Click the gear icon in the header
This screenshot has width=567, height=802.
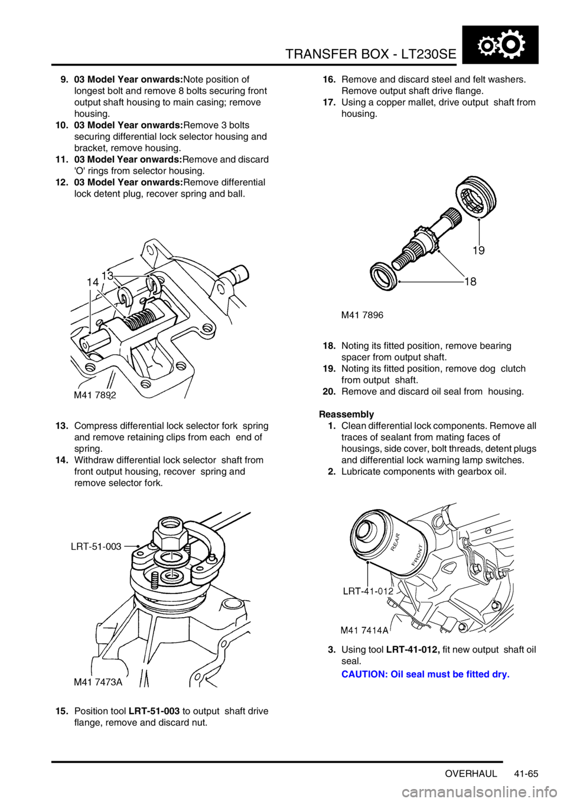(500, 44)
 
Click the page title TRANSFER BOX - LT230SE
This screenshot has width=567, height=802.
(371, 54)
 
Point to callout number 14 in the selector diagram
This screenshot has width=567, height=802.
(93, 282)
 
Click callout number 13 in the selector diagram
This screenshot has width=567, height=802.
(107, 275)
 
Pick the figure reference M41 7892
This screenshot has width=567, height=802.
(95, 395)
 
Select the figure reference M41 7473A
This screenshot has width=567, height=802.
(98, 683)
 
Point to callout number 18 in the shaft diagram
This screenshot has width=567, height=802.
(471, 282)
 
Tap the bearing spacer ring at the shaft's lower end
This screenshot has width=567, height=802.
(383, 273)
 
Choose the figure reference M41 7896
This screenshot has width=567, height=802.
(362, 315)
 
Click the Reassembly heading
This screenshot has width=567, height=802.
(346, 414)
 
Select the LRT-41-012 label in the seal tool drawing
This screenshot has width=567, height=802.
(369, 591)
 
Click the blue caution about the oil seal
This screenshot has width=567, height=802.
(425, 674)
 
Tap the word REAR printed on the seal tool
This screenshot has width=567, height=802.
(397, 542)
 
